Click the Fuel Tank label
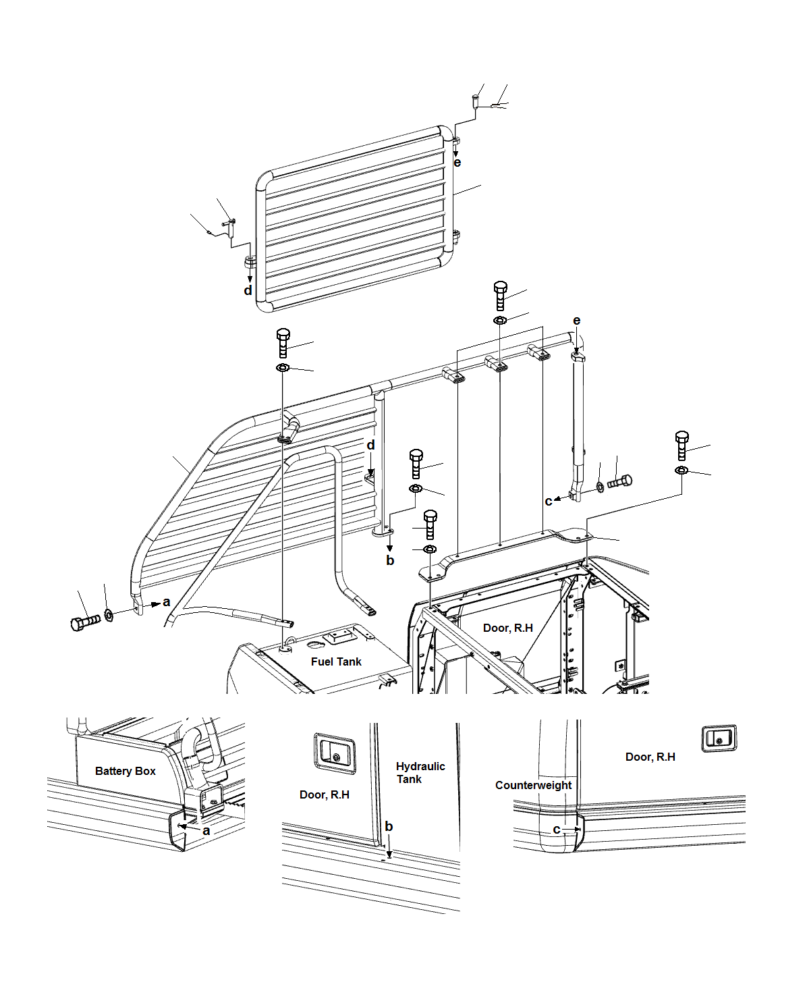[336, 661]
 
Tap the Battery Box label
[126, 771]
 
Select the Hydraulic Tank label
[420, 772]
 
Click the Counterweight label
[533, 785]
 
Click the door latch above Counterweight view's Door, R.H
[719, 738]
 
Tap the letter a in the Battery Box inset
[206, 831]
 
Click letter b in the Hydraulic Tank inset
[389, 826]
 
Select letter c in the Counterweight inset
[557, 830]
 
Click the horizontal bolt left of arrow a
[85, 620]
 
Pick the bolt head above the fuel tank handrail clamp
[283, 342]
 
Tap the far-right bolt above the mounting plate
[682, 444]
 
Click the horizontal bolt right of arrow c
[619, 482]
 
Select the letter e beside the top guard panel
[457, 163]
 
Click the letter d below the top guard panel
[248, 291]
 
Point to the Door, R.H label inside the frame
[507, 628]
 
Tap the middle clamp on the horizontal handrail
[498, 364]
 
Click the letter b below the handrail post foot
[390, 560]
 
